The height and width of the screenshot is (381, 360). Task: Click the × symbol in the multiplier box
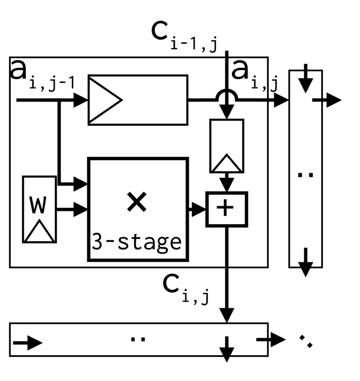pos(137,203)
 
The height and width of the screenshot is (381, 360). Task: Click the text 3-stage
pos(137,241)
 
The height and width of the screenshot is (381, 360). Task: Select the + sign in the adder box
pos(226,208)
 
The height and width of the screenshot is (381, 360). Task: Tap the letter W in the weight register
pos(39,205)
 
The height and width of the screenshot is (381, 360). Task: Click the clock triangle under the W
pos(39,232)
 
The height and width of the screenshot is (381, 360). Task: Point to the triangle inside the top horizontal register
pos(105,100)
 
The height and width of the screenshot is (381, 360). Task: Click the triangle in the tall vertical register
pos(226,163)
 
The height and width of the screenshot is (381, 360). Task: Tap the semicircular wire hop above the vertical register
pos(227,95)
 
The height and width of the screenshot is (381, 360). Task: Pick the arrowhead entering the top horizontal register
pos(80,100)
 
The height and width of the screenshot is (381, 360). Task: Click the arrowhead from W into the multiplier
pos(81,209)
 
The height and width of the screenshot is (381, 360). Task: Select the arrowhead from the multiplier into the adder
pos(199,209)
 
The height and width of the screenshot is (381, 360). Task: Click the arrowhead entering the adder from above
pos(227,184)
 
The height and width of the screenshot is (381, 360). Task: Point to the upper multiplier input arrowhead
pos(81,183)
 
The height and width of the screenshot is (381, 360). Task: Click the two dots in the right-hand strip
pos(306,175)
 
